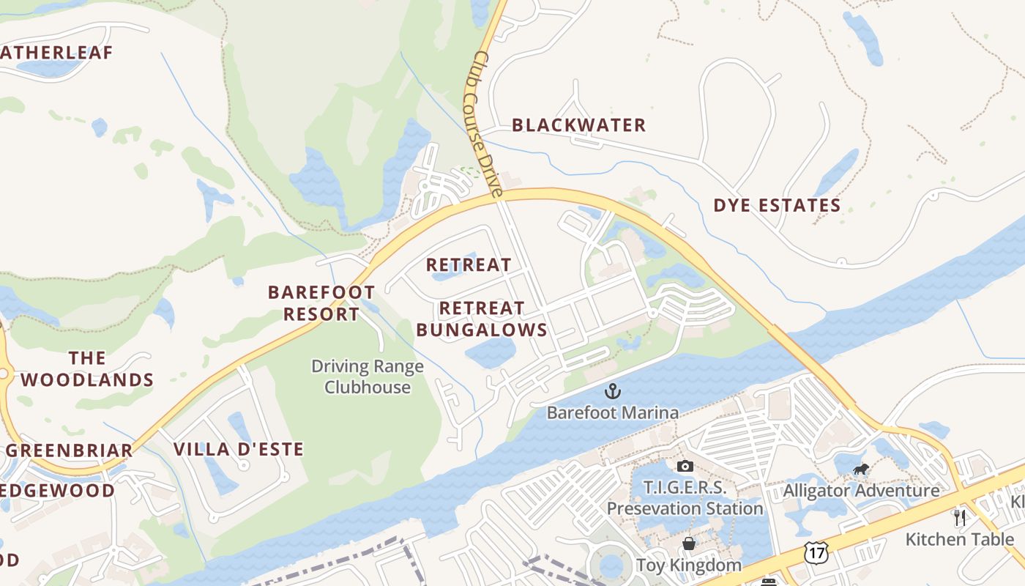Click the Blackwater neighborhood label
pyautogui.click(x=578, y=125)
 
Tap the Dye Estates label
pyautogui.click(x=777, y=205)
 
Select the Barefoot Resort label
pyautogui.click(x=321, y=303)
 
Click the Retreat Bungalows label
pyautogui.click(x=482, y=319)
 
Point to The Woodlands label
pyautogui.click(x=87, y=368)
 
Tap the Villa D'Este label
pyautogui.click(x=238, y=449)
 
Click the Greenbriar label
pyautogui.click(x=70, y=450)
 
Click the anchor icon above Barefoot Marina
pyautogui.click(x=612, y=392)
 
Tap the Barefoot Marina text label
pyautogui.click(x=612, y=412)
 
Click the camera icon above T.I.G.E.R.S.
pyautogui.click(x=685, y=466)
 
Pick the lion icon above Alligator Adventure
pyautogui.click(x=861, y=469)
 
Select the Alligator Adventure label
pyautogui.click(x=861, y=490)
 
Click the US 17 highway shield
pyautogui.click(x=816, y=552)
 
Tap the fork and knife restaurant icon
pyautogui.click(x=960, y=518)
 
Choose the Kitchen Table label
pyautogui.click(x=960, y=539)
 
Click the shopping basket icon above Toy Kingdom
pyautogui.click(x=688, y=544)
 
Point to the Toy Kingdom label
pyautogui.click(x=688, y=565)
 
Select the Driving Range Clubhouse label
pyautogui.click(x=368, y=377)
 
